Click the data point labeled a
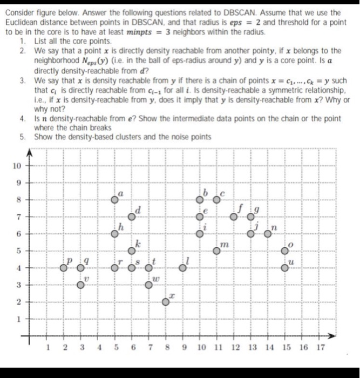114,199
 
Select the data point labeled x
166,302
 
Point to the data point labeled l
183,267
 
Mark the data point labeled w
149,285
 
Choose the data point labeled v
80,285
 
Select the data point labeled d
131,217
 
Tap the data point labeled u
285,267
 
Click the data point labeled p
64,267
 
